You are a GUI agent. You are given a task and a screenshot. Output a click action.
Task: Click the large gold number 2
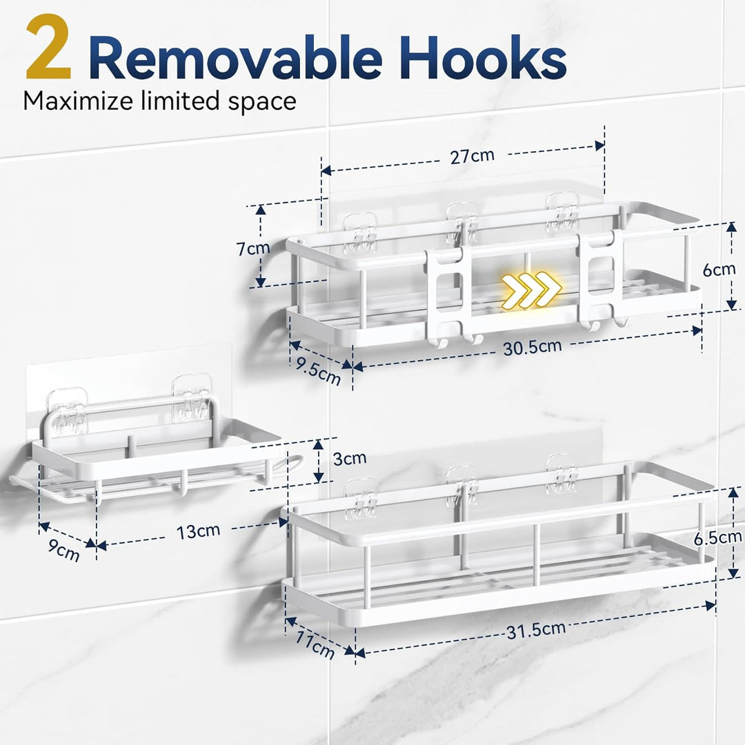pyautogui.click(x=48, y=48)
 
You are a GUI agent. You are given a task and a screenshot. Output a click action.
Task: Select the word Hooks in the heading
pyautogui.click(x=483, y=57)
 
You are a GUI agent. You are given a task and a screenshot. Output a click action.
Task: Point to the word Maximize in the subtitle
pyautogui.click(x=79, y=101)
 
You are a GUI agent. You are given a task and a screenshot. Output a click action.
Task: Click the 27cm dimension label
pyautogui.click(x=473, y=156)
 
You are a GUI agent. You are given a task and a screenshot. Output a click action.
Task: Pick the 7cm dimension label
pyautogui.click(x=254, y=248)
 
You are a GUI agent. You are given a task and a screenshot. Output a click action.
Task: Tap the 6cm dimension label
pyautogui.click(x=719, y=270)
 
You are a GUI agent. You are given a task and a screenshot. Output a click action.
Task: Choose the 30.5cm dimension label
pyautogui.click(x=532, y=347)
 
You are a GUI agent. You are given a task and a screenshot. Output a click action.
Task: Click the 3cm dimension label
pyautogui.click(x=350, y=459)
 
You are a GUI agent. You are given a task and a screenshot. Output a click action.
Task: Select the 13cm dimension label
pyautogui.click(x=198, y=531)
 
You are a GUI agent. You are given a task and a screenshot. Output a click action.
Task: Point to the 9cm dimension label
pyautogui.click(x=63, y=550)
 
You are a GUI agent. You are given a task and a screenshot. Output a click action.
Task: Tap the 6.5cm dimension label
pyautogui.click(x=717, y=538)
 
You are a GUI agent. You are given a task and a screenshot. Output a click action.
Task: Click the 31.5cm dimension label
pyautogui.click(x=536, y=630)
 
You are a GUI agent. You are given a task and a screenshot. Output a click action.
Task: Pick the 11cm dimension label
pyautogui.click(x=314, y=644)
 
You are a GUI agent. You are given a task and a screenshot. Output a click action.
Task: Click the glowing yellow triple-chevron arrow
pyautogui.click(x=532, y=289)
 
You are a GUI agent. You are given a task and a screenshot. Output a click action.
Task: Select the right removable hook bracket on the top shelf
pyautogui.click(x=602, y=280)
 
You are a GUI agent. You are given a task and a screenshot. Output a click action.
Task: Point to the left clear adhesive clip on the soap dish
pyautogui.click(x=67, y=411)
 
